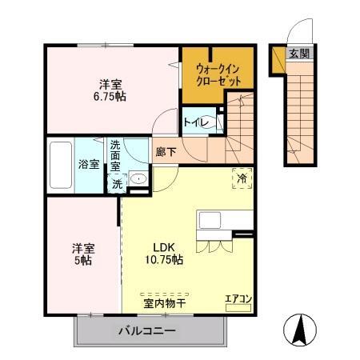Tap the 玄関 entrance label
[298, 54]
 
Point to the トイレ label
[196, 123]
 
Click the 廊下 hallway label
[166, 151]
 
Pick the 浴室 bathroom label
[89, 165]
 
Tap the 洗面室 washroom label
[117, 155]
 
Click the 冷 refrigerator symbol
[241, 178]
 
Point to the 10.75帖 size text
[163, 260]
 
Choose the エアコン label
[238, 300]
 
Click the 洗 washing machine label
[117, 183]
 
